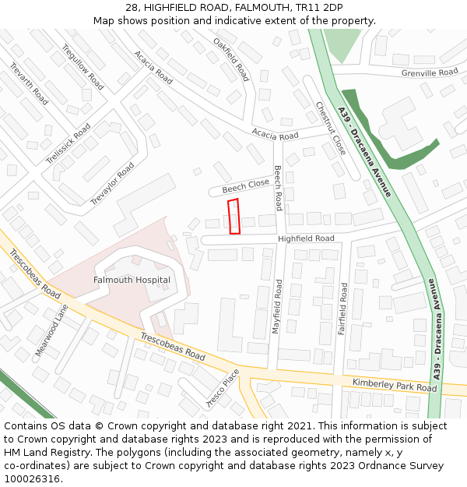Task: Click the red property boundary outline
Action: [x=233, y=217]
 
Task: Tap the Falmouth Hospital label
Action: [x=132, y=280]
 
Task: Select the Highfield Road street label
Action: [x=306, y=238]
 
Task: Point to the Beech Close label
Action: [x=245, y=186]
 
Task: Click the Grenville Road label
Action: [x=430, y=72]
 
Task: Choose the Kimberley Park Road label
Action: [x=395, y=385]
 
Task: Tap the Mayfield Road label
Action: [x=278, y=307]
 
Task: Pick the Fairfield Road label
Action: [x=342, y=309]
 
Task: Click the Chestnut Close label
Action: [x=331, y=129]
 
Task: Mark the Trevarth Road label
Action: [x=29, y=84]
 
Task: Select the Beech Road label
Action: [x=278, y=188]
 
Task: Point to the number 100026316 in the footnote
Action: [x=33, y=478]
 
